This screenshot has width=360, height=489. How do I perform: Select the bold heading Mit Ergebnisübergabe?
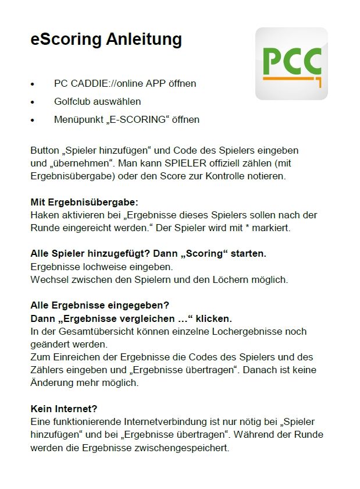point(84,203)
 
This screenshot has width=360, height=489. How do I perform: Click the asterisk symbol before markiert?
point(249,228)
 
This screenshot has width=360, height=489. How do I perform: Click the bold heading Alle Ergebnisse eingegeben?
point(98,306)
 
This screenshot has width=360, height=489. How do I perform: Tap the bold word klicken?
point(213,319)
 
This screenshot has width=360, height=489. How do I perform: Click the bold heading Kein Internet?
point(63,409)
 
